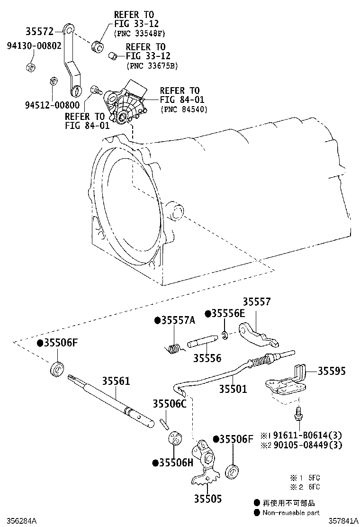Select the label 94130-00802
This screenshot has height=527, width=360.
coord(34,47)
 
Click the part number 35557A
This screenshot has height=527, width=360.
coord(178,320)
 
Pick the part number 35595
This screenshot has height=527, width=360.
coord(331,371)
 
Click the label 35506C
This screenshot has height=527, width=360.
coord(170,403)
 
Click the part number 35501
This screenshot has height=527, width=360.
coord(233,389)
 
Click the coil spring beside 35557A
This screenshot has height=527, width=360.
coord(174,347)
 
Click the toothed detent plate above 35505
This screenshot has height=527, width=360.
coord(205,464)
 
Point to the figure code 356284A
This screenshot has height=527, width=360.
coord(19,521)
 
